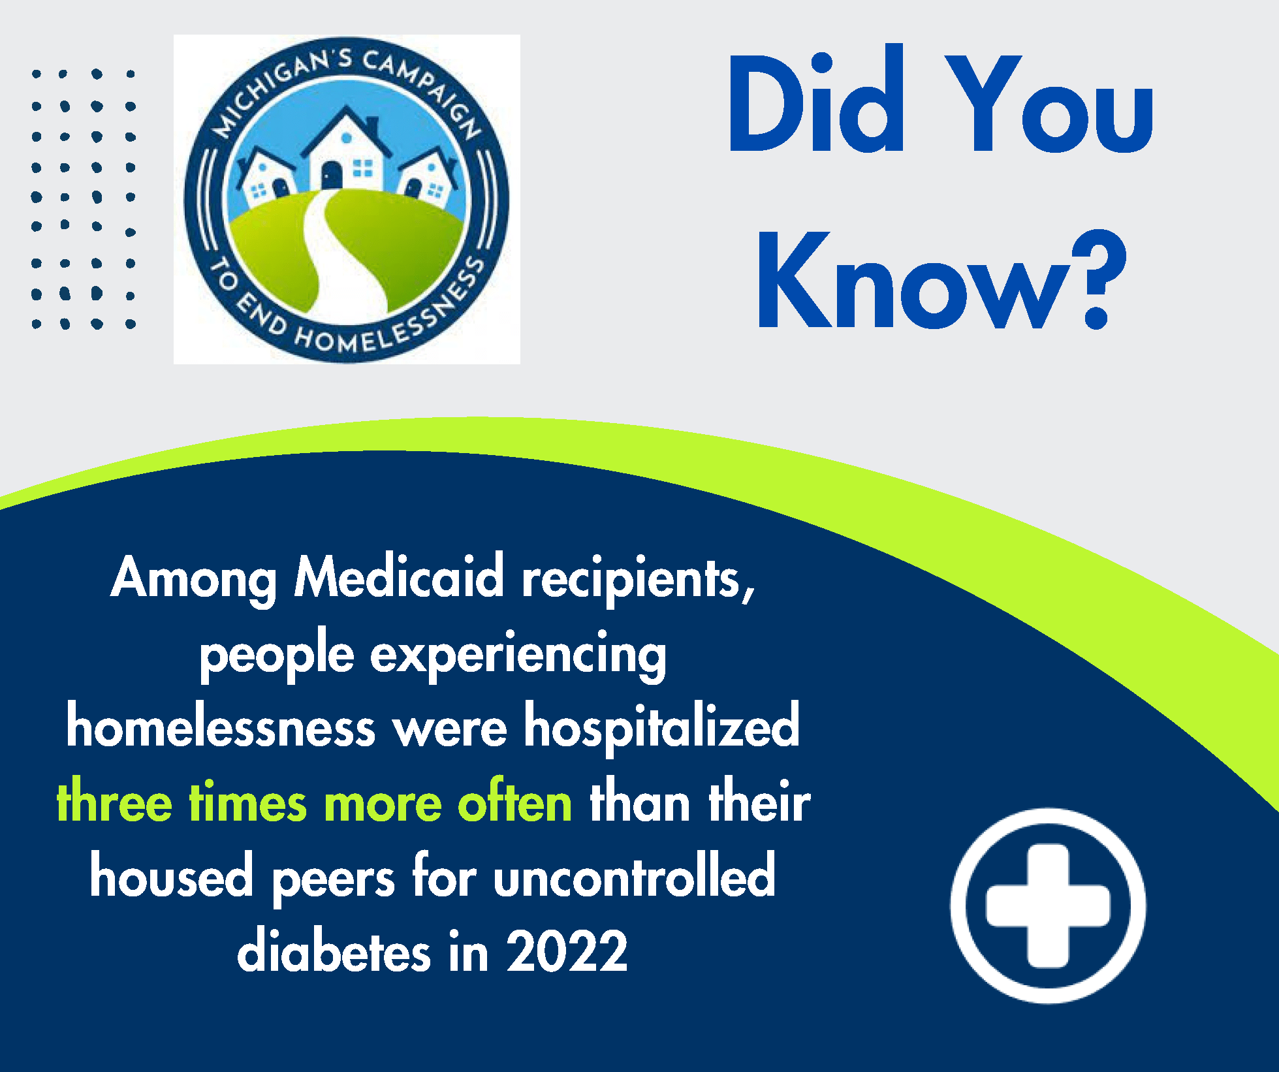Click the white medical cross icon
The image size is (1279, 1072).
(1048, 906)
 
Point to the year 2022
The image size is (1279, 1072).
(567, 952)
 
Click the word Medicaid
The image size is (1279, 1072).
(399, 577)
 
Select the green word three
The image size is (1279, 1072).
(114, 802)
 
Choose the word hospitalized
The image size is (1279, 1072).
(662, 726)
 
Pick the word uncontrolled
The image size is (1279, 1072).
(634, 877)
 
